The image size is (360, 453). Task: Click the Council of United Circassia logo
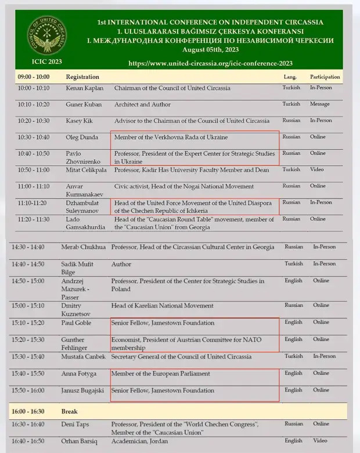[x=48, y=40]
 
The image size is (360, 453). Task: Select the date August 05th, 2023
[x=210, y=50]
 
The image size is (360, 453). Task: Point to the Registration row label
[x=82, y=77]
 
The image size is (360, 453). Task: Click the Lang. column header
[x=290, y=77]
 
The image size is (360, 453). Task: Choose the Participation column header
[x=325, y=77]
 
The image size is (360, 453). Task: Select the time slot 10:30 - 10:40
[x=34, y=137]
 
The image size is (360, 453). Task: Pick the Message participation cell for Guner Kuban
[x=319, y=104]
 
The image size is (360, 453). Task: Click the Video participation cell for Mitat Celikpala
[x=317, y=170]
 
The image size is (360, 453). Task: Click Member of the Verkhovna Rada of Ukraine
[x=171, y=137]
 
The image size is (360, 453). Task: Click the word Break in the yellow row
[x=69, y=411]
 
